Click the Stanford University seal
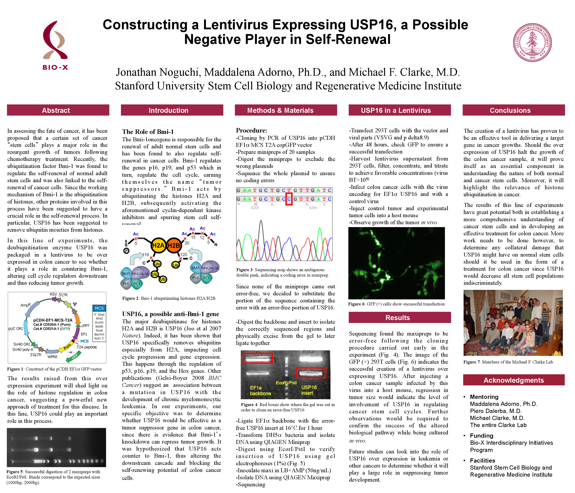pos(532,42)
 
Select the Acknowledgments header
pos(514,380)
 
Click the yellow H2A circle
pos(158,245)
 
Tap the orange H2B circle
pos(174,245)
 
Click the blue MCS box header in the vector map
pos(99,308)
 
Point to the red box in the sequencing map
pos(289,199)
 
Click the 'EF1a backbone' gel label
pos(257,390)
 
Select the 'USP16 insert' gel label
pos(309,390)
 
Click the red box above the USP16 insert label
pos(311,373)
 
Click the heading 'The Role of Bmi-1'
pos(148,132)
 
